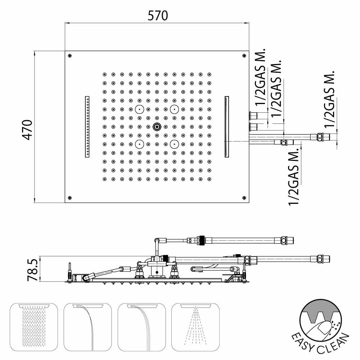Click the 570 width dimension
pyautogui.click(x=158, y=15)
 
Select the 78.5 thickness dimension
pyautogui.click(x=33, y=270)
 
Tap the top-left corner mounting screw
pyautogui.click(x=70, y=55)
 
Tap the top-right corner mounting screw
pyautogui.click(x=244, y=55)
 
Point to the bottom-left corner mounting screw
pyautogui.click(x=70, y=198)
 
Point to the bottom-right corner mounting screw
pyautogui.click(x=244, y=198)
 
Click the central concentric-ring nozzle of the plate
pyautogui.click(x=157, y=126)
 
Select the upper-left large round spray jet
pyautogui.click(x=139, y=109)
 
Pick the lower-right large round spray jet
pyautogui.click(x=175, y=144)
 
